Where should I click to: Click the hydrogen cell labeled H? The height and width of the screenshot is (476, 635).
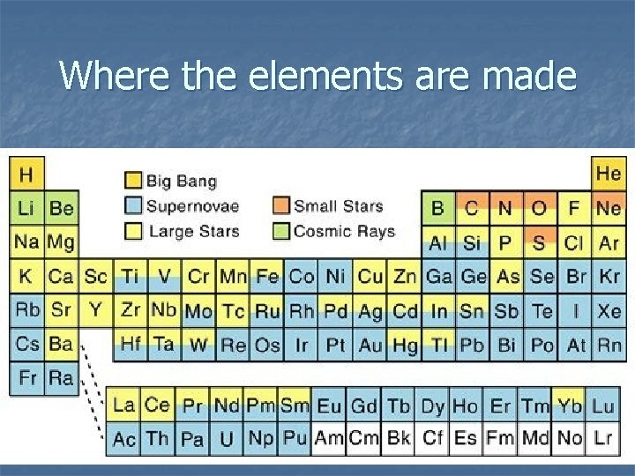(x=26, y=174)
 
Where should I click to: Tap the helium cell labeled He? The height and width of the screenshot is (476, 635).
(x=608, y=174)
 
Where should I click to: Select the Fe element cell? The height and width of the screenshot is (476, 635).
(x=267, y=277)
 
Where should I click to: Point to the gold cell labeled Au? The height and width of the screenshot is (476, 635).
(x=370, y=345)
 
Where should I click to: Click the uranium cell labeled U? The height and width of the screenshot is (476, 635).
(x=226, y=438)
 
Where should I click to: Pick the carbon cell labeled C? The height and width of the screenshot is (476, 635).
(x=472, y=209)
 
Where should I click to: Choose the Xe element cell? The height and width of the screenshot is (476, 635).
(x=609, y=311)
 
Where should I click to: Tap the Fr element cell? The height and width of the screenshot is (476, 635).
(x=27, y=379)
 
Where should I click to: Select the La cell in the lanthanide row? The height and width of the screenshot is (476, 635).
(x=123, y=405)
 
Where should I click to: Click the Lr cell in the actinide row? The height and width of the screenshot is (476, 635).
(x=603, y=438)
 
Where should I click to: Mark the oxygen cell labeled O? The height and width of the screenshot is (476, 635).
(x=540, y=209)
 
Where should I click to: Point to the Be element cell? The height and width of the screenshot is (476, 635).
(x=61, y=209)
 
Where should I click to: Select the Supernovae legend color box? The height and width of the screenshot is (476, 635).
(x=133, y=206)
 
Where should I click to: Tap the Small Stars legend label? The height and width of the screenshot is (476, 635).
(x=338, y=206)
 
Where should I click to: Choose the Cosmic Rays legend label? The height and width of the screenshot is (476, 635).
(x=343, y=231)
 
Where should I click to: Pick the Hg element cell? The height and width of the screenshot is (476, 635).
(x=404, y=345)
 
